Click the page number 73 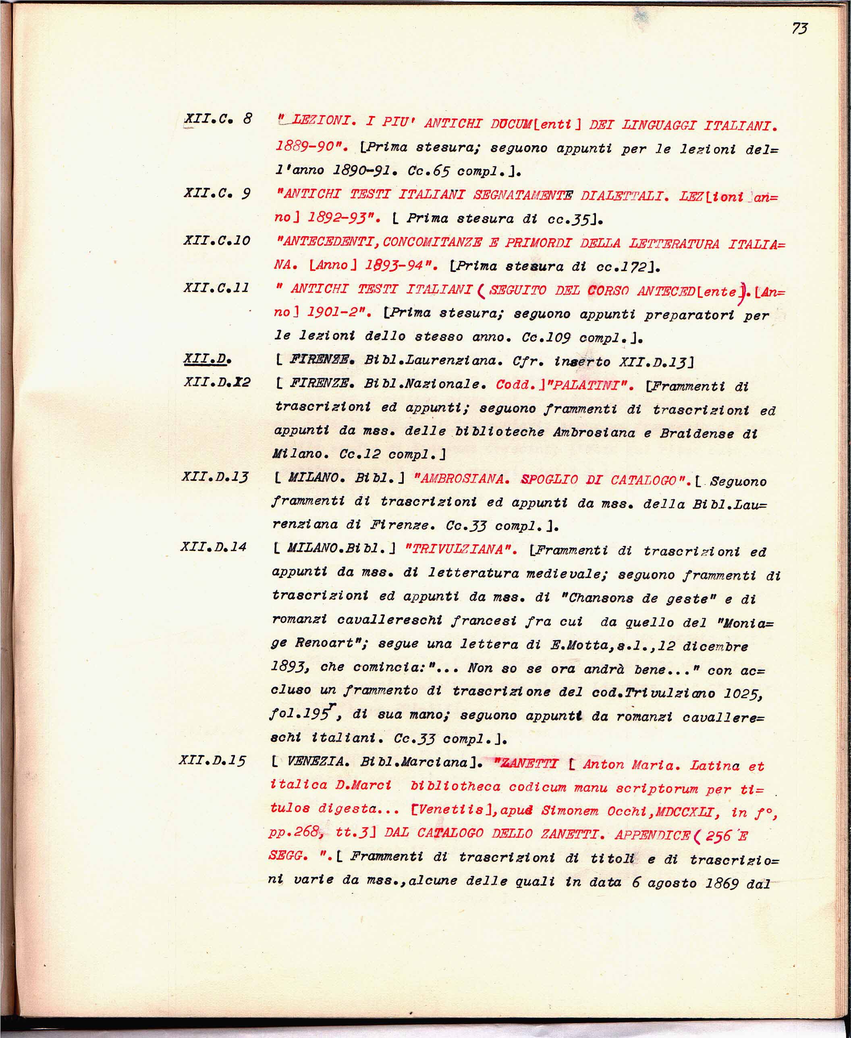[x=799, y=29]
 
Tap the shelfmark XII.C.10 [x=217, y=240]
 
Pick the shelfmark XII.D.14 [x=213, y=547]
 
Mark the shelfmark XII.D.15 [x=212, y=761]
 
